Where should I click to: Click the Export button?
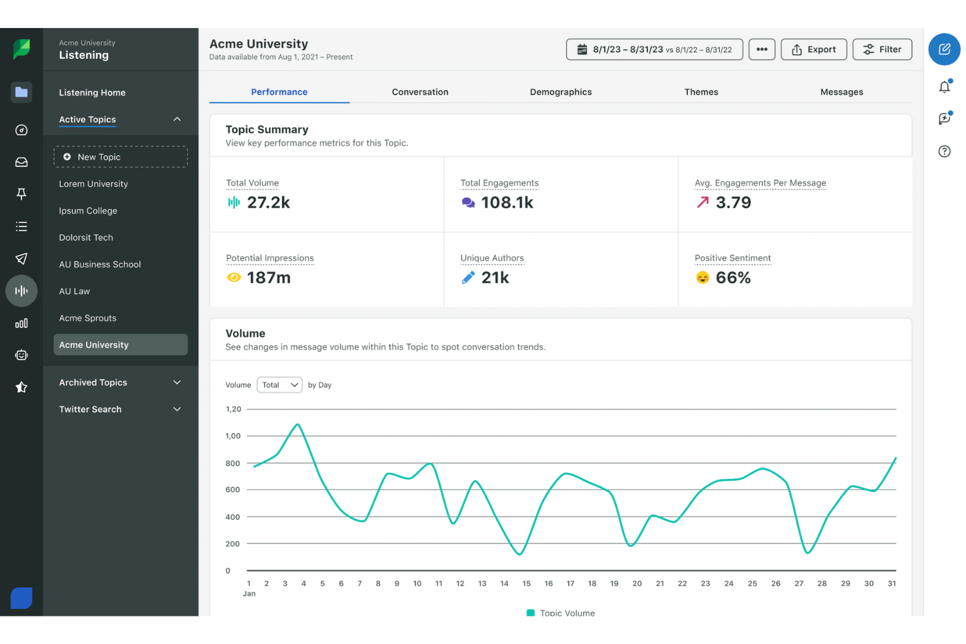pyautogui.click(x=813, y=50)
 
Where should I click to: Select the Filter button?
pyautogui.click(x=882, y=50)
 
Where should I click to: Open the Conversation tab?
pyautogui.click(x=420, y=92)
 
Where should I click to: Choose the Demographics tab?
pyautogui.click(x=561, y=92)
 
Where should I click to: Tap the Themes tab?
pyautogui.click(x=701, y=92)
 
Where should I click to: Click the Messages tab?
pyautogui.click(x=841, y=92)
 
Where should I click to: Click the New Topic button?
pyautogui.click(x=121, y=157)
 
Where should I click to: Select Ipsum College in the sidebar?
pyautogui.click(x=88, y=211)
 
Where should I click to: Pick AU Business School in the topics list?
pyautogui.click(x=100, y=264)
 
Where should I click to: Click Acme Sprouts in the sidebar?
pyautogui.click(x=87, y=318)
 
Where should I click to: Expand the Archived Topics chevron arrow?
pyautogui.click(x=177, y=382)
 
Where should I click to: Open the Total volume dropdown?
pyautogui.click(x=279, y=385)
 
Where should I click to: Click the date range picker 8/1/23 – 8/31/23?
pyautogui.click(x=654, y=50)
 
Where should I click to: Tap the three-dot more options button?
pyautogui.click(x=762, y=50)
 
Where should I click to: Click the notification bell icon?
pyautogui.click(x=944, y=87)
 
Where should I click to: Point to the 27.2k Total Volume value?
pyautogui.click(x=268, y=203)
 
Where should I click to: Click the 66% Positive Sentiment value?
pyautogui.click(x=733, y=278)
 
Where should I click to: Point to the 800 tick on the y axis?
pyautogui.click(x=232, y=463)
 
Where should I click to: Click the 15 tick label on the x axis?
pyautogui.click(x=526, y=583)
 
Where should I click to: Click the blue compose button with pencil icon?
pyautogui.click(x=944, y=50)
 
